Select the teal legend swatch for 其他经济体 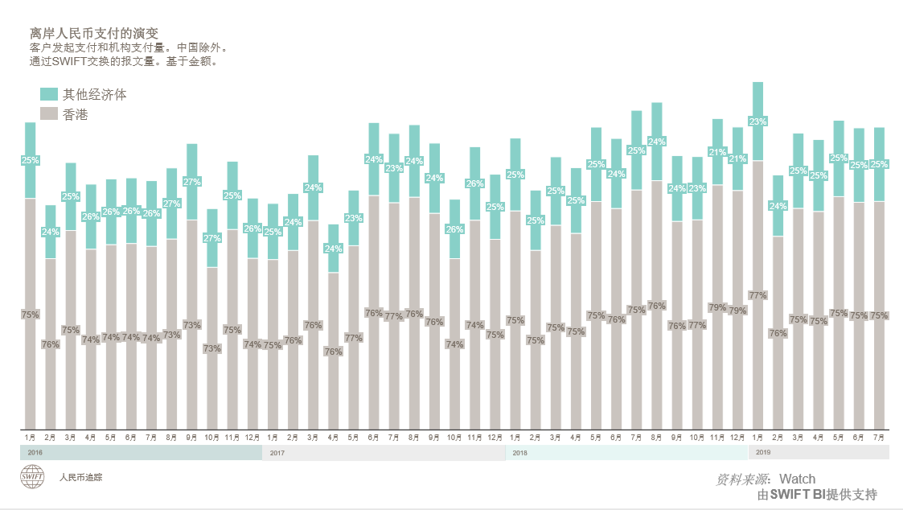pos(48,94)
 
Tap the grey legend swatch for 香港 pos(48,114)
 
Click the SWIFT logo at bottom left pos(33,477)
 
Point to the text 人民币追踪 pos(80,477)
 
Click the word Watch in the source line pos(797,479)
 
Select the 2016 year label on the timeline pos(35,453)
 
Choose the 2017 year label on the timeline pos(277,453)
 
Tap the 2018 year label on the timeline pos(519,453)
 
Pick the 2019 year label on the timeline pos(764,453)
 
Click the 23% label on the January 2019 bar pos(757,121)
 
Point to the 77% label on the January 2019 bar pos(757,295)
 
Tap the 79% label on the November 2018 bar pos(717,307)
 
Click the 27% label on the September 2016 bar pos(192,182)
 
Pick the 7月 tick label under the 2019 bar pos(879,437)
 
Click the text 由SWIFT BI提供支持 pos(816,495)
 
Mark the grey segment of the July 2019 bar pos(879,370)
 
